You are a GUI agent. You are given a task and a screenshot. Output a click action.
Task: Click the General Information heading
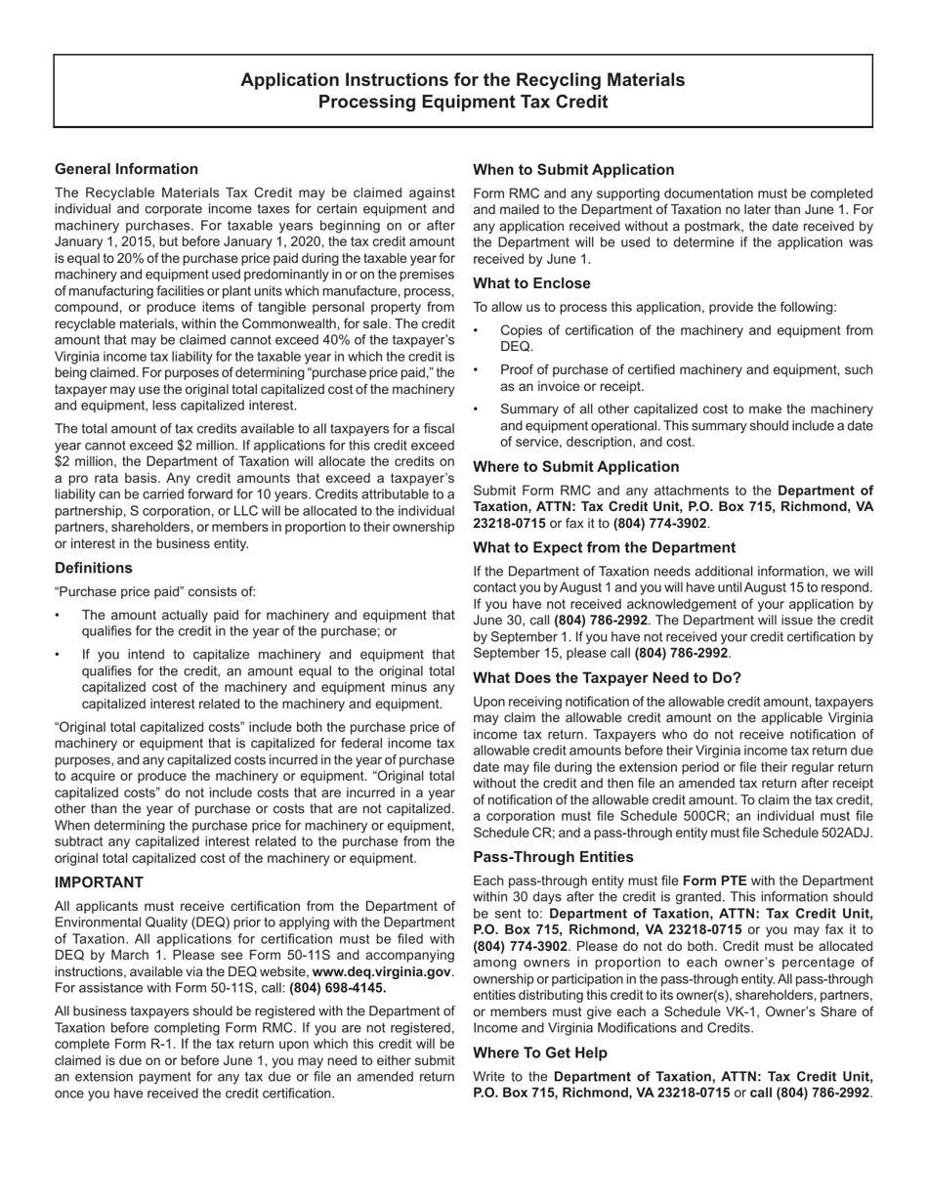tap(126, 169)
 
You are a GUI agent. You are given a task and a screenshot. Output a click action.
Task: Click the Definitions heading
tap(94, 568)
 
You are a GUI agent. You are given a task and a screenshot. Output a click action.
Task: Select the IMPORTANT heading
tap(100, 882)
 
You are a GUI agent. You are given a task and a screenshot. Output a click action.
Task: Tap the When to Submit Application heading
tap(573, 170)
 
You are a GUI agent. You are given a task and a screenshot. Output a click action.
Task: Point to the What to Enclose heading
tap(531, 283)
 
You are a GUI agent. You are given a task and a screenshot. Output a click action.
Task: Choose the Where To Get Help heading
tap(540, 1053)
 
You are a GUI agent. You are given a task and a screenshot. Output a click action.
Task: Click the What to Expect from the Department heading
tap(604, 547)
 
